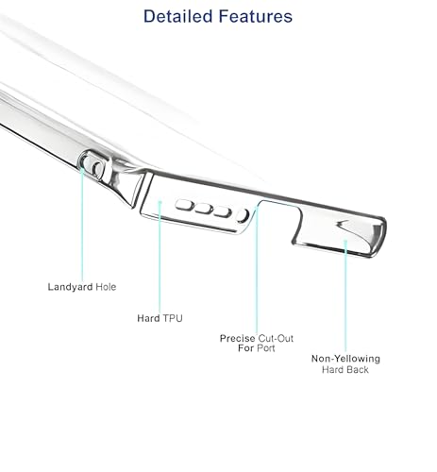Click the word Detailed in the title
click(178, 16)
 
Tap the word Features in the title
click(256, 16)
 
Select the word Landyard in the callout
click(70, 287)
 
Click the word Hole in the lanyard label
click(106, 287)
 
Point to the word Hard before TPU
click(148, 318)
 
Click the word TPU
click(173, 318)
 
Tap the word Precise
click(238, 338)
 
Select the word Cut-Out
click(276, 338)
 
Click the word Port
click(266, 348)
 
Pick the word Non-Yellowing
click(345, 359)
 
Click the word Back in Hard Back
click(357, 369)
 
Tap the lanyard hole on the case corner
click(93, 165)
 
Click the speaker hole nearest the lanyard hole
click(185, 205)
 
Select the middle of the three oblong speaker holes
click(204, 209)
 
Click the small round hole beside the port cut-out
click(243, 215)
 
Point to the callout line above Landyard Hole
click(82, 224)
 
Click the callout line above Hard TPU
click(160, 257)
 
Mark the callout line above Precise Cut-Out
click(257, 270)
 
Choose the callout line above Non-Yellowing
click(345, 295)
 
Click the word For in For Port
click(245, 348)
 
